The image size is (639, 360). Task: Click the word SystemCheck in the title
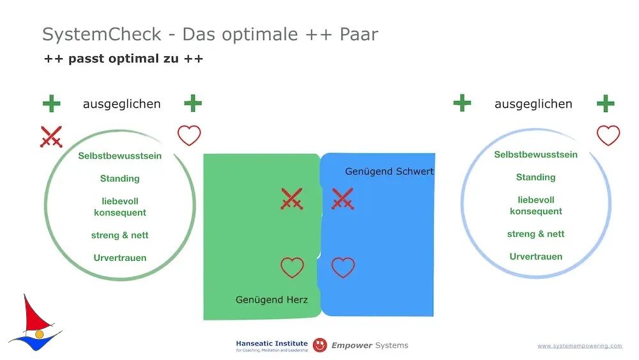tap(102, 35)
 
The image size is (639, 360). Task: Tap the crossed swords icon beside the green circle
tap(51, 137)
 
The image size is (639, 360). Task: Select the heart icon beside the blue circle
tap(608, 136)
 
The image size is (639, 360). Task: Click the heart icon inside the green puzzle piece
tap(292, 267)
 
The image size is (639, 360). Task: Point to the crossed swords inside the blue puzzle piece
tap(343, 199)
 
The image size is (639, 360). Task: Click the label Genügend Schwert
tap(389, 171)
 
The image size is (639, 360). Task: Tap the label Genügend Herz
tap(272, 300)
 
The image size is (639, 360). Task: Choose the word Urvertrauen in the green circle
tap(120, 258)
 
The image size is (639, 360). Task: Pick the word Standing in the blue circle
tap(535, 177)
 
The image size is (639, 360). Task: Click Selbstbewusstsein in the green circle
tap(120, 156)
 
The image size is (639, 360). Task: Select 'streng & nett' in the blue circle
tap(535, 234)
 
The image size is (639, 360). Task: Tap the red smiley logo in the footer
tap(320, 345)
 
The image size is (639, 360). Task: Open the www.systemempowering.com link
tap(580, 346)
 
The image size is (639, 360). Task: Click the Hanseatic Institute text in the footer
tap(272, 343)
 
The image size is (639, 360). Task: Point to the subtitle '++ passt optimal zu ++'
tap(123, 59)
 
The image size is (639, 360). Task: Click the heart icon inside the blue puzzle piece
tap(343, 267)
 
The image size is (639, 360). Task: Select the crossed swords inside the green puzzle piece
tap(292, 199)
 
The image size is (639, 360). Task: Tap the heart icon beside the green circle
tap(189, 136)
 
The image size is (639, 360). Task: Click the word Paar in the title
tap(358, 35)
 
